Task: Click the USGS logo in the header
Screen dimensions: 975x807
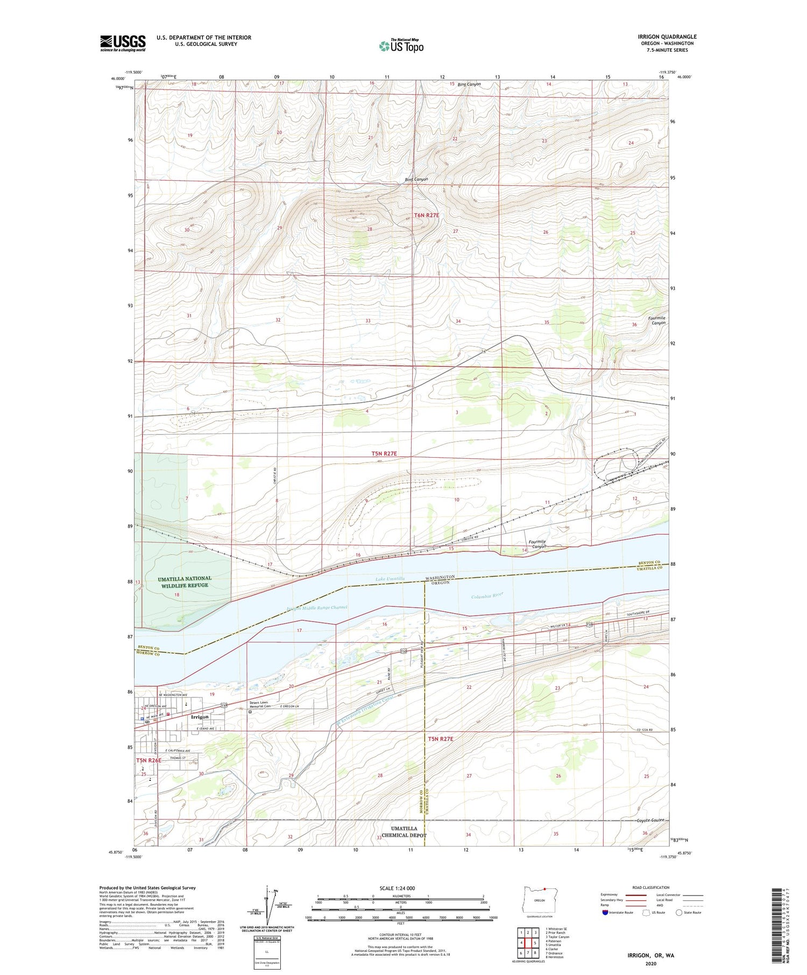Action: point(123,43)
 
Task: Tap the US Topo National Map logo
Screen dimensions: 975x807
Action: point(401,46)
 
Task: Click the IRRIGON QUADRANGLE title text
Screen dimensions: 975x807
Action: point(667,37)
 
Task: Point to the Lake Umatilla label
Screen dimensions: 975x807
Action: point(390,579)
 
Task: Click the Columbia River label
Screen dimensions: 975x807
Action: point(487,595)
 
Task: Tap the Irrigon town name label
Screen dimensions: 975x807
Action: point(200,717)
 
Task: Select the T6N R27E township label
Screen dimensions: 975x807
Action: point(426,215)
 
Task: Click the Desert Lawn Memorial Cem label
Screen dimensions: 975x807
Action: point(263,704)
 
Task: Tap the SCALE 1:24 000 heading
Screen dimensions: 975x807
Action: point(397,888)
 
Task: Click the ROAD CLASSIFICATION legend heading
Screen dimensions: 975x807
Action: point(650,887)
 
